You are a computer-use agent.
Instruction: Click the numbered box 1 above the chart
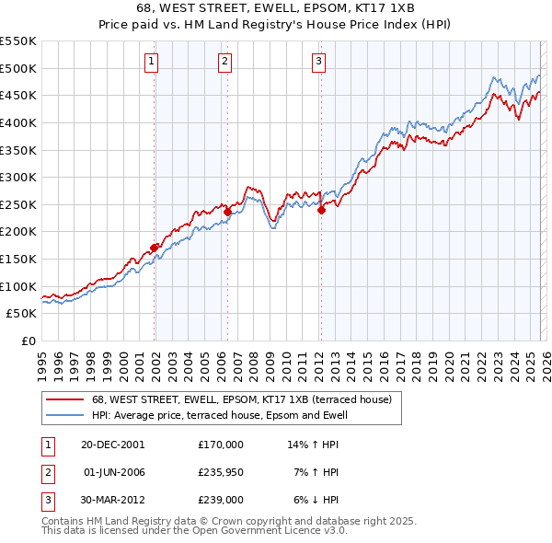pos(151,62)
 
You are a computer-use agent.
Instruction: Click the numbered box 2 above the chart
pos(225,62)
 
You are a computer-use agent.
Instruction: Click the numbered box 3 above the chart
pos(318,62)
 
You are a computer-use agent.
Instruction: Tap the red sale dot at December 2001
pos(155,247)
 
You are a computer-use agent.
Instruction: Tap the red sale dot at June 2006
pos(227,211)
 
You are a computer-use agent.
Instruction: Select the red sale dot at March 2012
pos(322,210)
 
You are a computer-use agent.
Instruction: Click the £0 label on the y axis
pos(28,341)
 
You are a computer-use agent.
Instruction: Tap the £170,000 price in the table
pos(221,444)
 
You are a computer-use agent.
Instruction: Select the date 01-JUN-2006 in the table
pos(114,471)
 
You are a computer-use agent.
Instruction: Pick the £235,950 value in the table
pos(221,471)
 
